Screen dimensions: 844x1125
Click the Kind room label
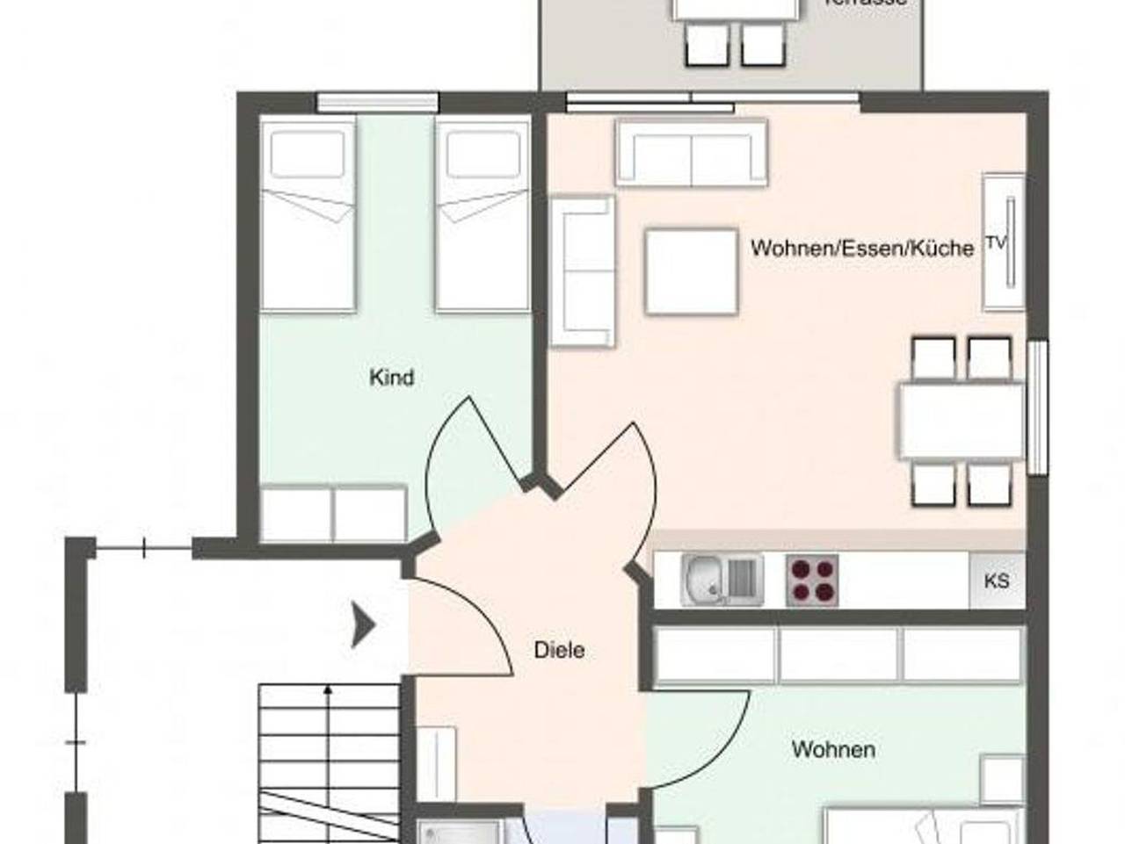click(x=391, y=378)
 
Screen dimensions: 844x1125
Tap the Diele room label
click(x=559, y=651)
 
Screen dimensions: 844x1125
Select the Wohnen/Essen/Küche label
click(x=861, y=248)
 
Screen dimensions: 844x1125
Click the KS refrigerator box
click(x=997, y=581)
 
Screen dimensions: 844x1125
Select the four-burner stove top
click(x=812, y=580)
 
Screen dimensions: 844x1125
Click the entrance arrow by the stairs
click(x=364, y=624)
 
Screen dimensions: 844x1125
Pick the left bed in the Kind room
click(x=308, y=215)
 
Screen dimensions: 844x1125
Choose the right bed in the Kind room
click(x=483, y=215)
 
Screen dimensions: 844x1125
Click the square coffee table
click(x=691, y=271)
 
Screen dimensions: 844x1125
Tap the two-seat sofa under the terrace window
click(x=692, y=153)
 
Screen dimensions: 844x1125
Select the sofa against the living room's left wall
click(x=581, y=271)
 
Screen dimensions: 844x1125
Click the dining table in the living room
click(x=961, y=422)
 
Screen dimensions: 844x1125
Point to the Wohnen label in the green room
click(x=833, y=749)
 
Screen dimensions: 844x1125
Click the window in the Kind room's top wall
click(x=377, y=102)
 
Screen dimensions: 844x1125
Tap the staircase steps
click(x=330, y=738)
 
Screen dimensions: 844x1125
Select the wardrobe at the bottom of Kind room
click(x=334, y=514)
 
